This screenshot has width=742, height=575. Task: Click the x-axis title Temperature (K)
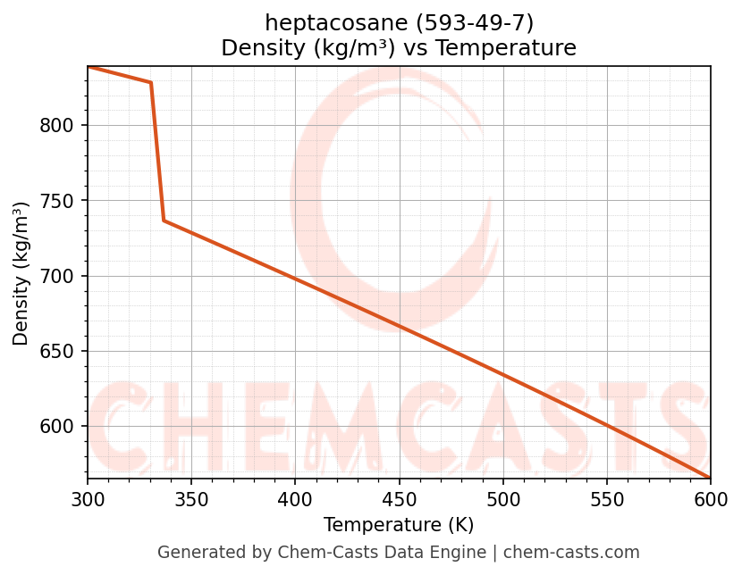point(399,525)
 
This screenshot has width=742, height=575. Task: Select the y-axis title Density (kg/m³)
point(21,273)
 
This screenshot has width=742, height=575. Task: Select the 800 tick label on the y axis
point(55,126)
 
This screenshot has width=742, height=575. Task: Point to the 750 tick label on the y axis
point(55,201)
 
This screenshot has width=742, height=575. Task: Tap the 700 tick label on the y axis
point(55,276)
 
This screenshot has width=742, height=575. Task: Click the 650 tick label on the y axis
point(55,351)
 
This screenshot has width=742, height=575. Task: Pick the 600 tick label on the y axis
point(55,427)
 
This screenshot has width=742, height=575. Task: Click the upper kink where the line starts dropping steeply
point(151,82)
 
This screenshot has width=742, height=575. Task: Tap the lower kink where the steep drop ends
point(164,221)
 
